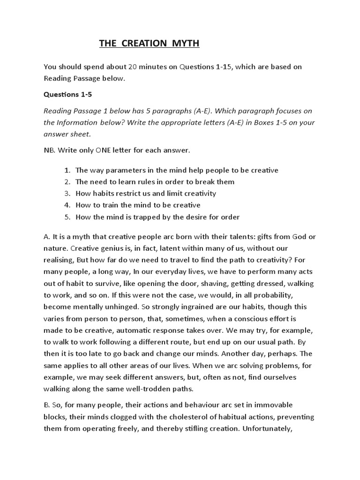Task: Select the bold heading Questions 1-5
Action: click(x=68, y=94)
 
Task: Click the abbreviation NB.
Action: click(x=50, y=151)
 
